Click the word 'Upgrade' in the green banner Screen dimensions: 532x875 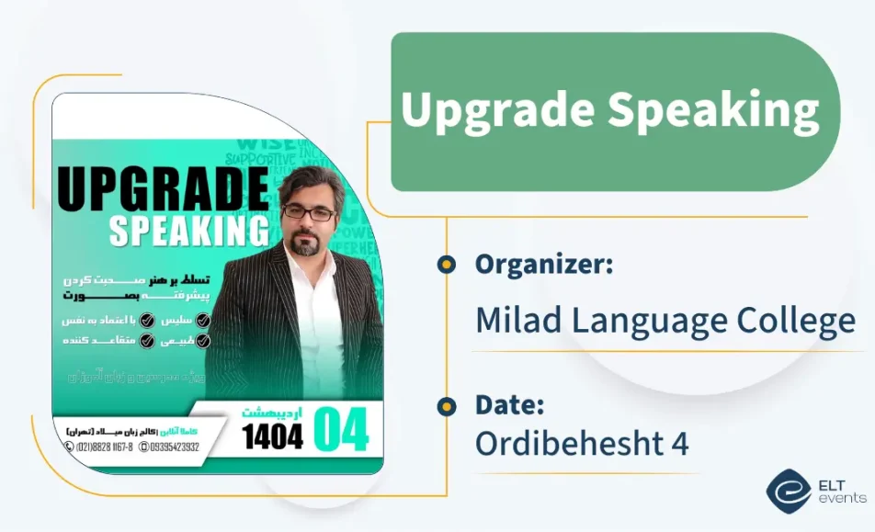click(496, 111)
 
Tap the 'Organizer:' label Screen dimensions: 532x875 click(543, 265)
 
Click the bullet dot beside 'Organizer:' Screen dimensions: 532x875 click(447, 266)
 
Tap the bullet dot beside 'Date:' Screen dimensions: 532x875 click(447, 405)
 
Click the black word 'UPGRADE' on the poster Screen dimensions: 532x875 click(164, 188)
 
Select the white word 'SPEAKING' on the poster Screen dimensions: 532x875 click(189, 232)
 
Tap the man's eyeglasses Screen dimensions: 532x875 click(309, 212)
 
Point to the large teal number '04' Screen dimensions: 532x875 click(341, 429)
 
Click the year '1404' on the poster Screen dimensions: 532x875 click(272, 436)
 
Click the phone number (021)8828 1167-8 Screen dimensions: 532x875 click(100, 447)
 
